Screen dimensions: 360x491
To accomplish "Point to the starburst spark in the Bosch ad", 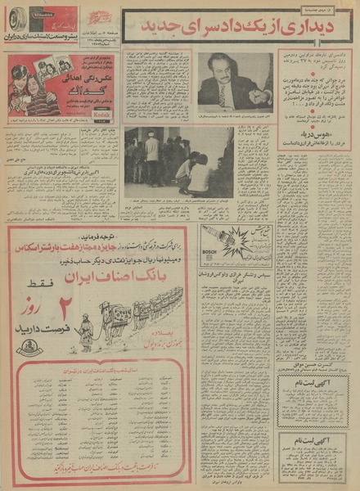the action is click(x=236, y=243).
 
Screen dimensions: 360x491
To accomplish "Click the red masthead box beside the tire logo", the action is click(x=53, y=18).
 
